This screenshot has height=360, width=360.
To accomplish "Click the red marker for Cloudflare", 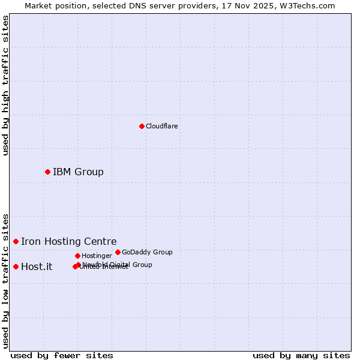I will tap(142, 126).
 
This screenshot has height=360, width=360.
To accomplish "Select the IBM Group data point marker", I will tap(47, 172).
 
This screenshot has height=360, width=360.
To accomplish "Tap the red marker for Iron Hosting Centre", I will tap(16, 241).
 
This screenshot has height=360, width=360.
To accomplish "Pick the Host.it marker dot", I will tap(16, 266).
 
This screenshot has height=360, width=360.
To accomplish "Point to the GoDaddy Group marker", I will tap(118, 252).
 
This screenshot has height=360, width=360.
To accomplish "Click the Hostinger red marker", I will tap(77, 256).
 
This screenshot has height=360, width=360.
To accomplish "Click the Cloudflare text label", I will tap(161, 126).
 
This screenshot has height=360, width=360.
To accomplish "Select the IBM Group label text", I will tap(78, 172).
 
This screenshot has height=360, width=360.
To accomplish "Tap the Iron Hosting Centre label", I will tap(68, 242).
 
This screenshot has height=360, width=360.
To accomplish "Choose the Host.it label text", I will tap(37, 267).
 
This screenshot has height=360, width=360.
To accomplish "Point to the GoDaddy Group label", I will tap(147, 252).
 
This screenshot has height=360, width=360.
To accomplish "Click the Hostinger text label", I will tap(97, 256).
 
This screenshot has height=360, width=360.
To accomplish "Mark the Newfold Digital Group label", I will tap(118, 264).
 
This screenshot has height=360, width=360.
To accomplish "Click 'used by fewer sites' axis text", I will tap(62, 355).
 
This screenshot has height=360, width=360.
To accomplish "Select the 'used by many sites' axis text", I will tap(301, 355).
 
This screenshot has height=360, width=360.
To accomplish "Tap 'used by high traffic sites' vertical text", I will tap(6, 85).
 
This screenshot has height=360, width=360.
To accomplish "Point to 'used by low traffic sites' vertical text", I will tap(6, 280).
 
